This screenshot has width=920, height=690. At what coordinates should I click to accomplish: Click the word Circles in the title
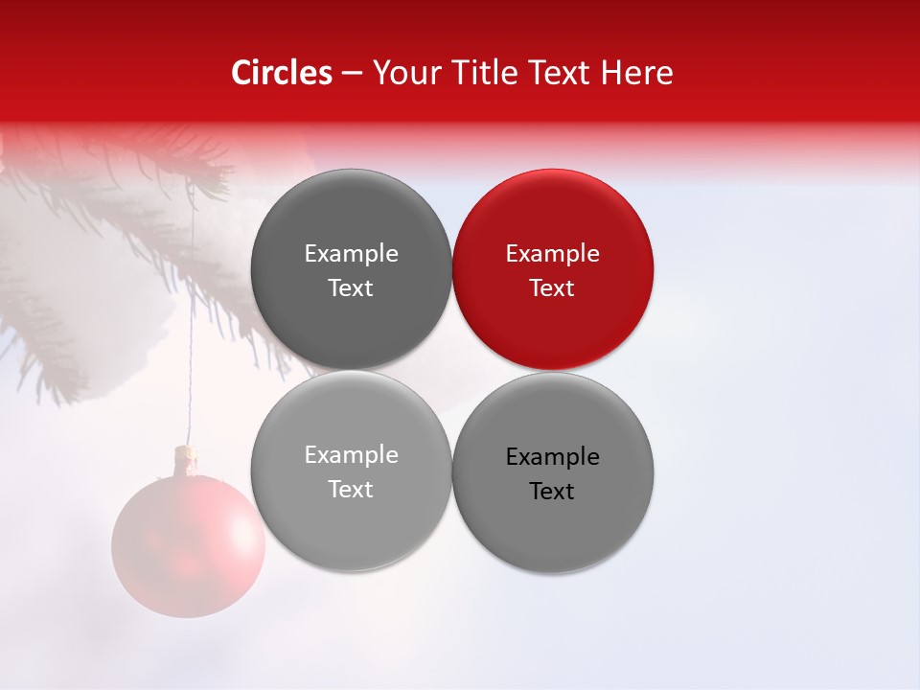coord(282,73)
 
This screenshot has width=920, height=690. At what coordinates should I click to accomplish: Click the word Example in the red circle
coord(553,254)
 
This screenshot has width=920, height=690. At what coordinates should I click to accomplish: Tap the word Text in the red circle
coord(552,288)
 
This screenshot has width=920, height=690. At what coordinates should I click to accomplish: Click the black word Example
coord(553,457)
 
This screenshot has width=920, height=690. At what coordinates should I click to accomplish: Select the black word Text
coord(552,492)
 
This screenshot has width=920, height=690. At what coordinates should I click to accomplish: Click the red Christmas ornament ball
coord(188,545)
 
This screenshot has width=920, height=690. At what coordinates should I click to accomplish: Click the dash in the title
coord(352,73)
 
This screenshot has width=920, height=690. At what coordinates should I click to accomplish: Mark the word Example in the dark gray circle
coord(351,254)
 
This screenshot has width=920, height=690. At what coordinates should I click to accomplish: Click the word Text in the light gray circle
coord(351,490)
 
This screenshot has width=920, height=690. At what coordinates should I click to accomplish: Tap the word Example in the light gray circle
coord(351,455)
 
